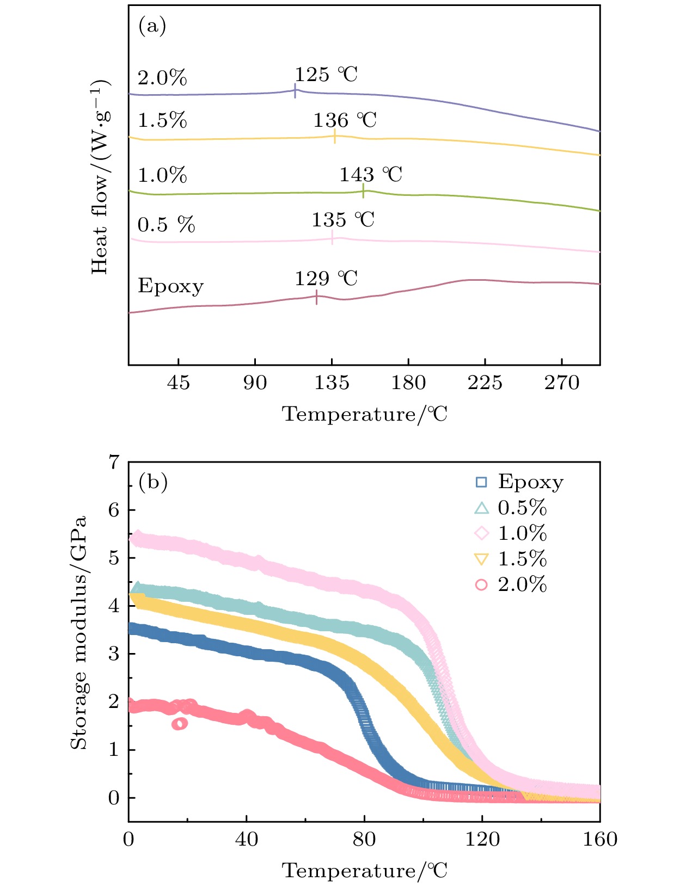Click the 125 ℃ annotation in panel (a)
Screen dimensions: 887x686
[326, 75]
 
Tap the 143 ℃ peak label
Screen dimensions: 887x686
[371, 175]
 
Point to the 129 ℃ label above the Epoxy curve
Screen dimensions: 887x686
[326, 279]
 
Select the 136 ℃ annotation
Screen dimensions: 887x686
[345, 120]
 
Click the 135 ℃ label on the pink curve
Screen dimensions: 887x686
[343, 220]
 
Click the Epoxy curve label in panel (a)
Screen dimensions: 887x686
[170, 286]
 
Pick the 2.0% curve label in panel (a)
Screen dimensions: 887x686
[162, 78]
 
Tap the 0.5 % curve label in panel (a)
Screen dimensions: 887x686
[166, 225]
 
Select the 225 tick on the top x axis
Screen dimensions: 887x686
[485, 383]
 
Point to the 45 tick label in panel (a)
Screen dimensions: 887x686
[179, 383]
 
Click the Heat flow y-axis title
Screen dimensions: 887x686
[100, 177]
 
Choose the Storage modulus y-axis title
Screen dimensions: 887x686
[79, 632]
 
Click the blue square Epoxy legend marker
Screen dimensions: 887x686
[481, 482]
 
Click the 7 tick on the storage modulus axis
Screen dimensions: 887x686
[114, 463]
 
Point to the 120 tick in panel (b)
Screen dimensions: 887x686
[482, 839]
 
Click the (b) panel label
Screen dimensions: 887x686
[153, 482]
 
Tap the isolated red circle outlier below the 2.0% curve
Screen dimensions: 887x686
[180, 724]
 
